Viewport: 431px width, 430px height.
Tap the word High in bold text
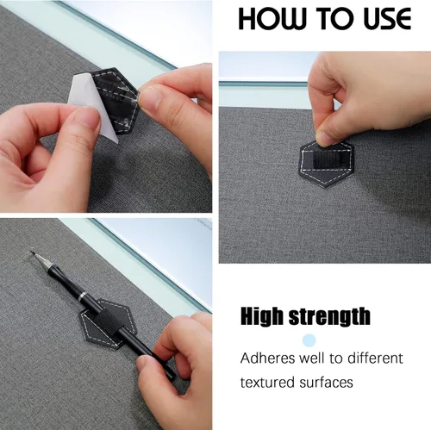pyautogui.click(x=265, y=315)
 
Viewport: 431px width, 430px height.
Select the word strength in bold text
pyautogui.click(x=331, y=315)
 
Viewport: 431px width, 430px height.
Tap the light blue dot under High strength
pyautogui.click(x=309, y=340)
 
